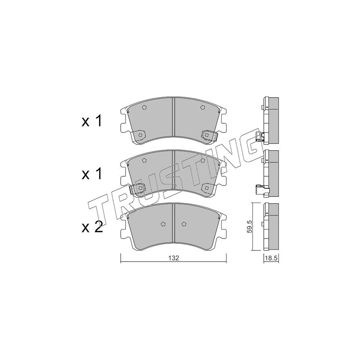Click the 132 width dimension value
[173, 258]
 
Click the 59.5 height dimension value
[250, 226]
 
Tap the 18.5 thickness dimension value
[271, 258]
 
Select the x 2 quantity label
[92, 227]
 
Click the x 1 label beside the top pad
[92, 121]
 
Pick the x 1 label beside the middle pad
[92, 174]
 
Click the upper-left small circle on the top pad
[144, 107]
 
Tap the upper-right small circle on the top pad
[202, 107]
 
